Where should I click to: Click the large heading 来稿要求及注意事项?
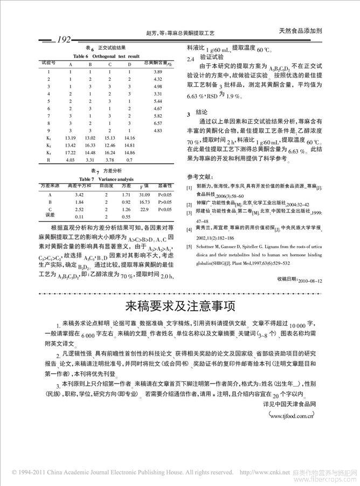180,306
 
